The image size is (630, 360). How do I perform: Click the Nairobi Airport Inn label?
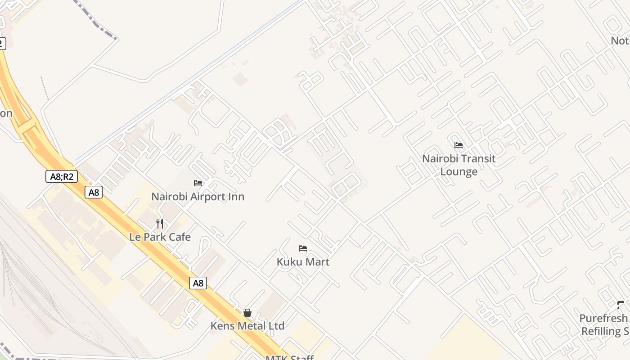[198, 197]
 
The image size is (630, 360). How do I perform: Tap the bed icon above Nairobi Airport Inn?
[198, 183]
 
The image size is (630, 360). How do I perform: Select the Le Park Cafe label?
[160, 237]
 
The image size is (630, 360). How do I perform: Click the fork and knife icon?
[160, 223]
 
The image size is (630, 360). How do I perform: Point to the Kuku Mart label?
[303, 261]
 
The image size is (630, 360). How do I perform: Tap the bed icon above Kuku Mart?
[303, 248]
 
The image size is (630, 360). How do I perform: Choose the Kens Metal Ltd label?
[247, 326]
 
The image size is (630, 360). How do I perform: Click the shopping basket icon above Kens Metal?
[247, 313]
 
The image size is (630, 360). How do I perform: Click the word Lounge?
[459, 171]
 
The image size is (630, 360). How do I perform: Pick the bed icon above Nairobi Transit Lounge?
[459, 145]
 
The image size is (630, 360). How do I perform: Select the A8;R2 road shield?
[62, 176]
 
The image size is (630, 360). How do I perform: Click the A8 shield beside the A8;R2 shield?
[94, 193]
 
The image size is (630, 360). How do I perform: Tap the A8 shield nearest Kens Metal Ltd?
[198, 283]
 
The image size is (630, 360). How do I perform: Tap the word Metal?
[252, 326]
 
